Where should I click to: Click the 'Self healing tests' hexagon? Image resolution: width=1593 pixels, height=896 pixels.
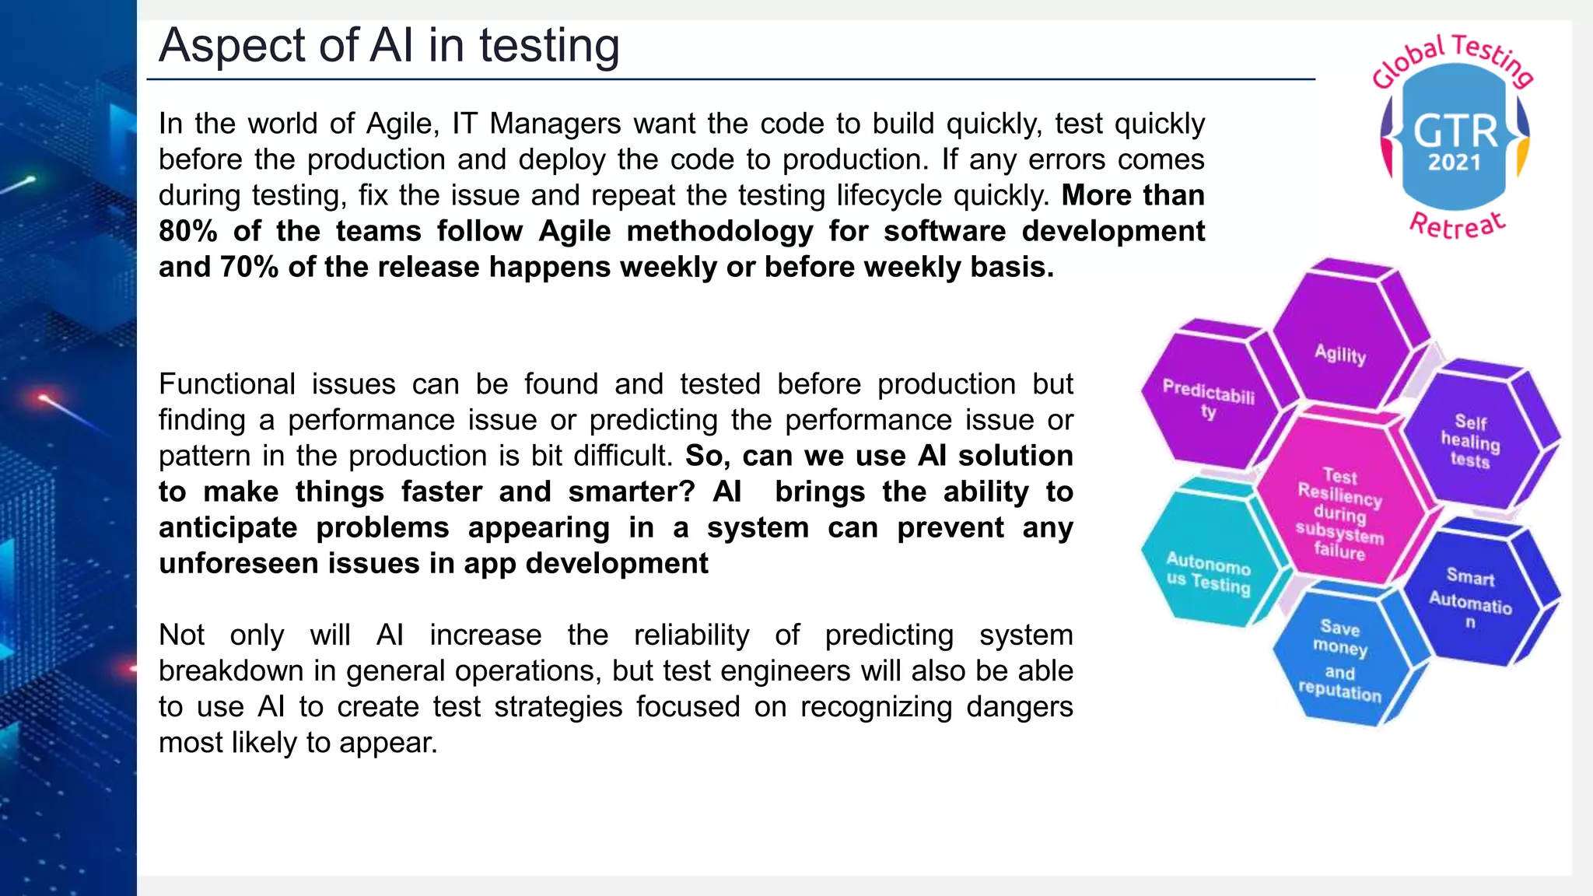1470,441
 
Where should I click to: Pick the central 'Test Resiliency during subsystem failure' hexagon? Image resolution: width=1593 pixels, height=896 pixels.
1339,513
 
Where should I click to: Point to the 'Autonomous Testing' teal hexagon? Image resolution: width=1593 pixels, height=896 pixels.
1208,573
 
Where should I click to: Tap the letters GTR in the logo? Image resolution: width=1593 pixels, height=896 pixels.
1455,131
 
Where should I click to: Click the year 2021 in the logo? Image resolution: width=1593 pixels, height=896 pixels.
1455,163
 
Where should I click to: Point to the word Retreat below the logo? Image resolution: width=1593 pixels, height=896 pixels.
1458,226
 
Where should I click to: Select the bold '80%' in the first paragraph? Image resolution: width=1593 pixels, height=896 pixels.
187,231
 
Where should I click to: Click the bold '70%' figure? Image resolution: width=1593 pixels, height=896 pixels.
249,267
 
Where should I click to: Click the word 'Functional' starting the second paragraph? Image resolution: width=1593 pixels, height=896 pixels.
227,384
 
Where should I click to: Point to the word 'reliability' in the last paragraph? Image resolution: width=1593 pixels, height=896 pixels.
691,635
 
